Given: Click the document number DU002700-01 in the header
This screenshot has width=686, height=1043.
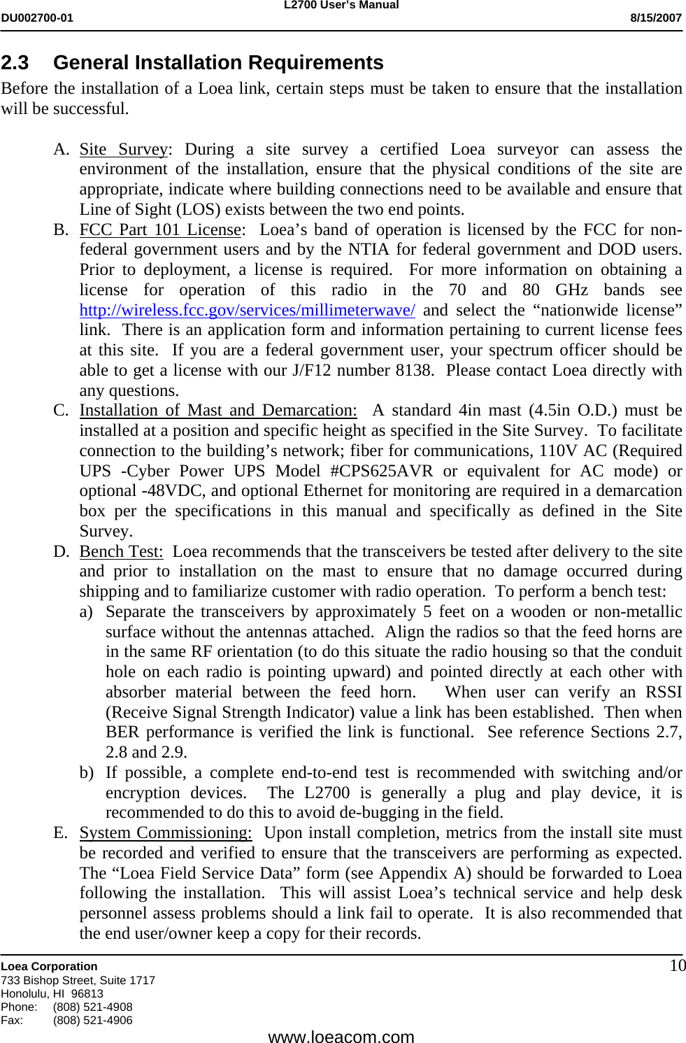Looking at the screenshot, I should pyautogui.click(x=37, y=18).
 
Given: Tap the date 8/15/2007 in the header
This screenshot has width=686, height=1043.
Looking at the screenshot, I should pyautogui.click(x=655, y=18).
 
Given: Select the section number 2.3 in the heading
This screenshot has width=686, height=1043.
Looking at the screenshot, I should pyautogui.click(x=15, y=63).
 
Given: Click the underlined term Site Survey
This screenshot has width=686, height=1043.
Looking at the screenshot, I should pyautogui.click(x=124, y=150).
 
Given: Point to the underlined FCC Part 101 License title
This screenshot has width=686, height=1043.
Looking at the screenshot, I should pyautogui.click(x=160, y=230).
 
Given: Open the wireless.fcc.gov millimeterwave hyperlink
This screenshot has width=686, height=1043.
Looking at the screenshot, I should pyautogui.click(x=247, y=311).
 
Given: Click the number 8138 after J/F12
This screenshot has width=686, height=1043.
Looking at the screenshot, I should pyautogui.click(x=413, y=371).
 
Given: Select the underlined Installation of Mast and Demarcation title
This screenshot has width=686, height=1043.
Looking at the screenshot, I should pyautogui.click(x=217, y=411).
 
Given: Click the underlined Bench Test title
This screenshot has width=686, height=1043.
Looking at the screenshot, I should pyautogui.click(x=121, y=552).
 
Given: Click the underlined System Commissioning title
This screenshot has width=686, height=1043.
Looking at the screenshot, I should pyautogui.click(x=165, y=833).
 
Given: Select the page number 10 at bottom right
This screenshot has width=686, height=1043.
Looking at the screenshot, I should pyautogui.click(x=678, y=966).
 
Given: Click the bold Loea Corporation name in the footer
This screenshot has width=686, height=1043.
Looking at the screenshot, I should pyautogui.click(x=49, y=967).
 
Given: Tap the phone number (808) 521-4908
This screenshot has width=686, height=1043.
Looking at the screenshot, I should pyautogui.click(x=92, y=1007).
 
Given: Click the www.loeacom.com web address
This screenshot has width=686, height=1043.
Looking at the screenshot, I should pyautogui.click(x=341, y=1037).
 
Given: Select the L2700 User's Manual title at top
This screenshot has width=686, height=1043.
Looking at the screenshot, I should pyautogui.click(x=341, y=6).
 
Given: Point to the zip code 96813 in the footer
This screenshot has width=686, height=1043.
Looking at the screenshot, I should pyautogui.click(x=87, y=994).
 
